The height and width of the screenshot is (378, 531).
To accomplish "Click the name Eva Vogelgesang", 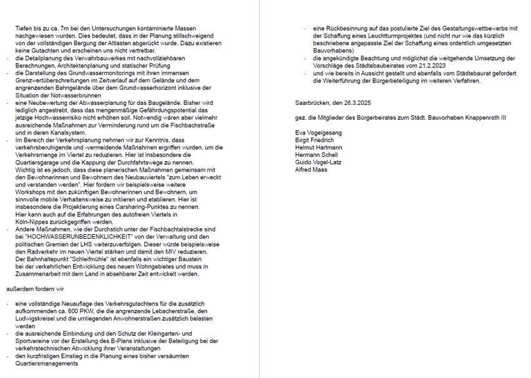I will [x=318, y=132].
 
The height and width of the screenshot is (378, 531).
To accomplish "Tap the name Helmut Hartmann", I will [x=318, y=147].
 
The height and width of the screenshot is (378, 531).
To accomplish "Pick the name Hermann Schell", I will [x=316, y=155].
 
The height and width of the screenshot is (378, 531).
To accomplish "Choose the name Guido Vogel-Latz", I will [x=319, y=162].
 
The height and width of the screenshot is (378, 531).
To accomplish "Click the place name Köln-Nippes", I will [x=37, y=222].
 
